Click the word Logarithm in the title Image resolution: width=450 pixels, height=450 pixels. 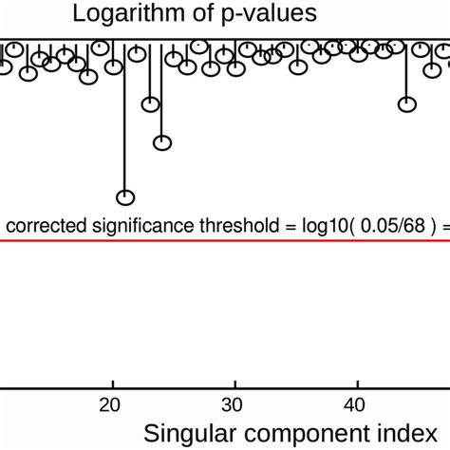(123, 14)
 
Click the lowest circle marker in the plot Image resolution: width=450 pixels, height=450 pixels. (125, 197)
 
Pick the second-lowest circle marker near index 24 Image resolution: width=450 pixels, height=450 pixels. (162, 143)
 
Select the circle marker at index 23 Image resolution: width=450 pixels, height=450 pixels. (150, 104)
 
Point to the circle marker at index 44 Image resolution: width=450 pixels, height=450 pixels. (407, 104)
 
